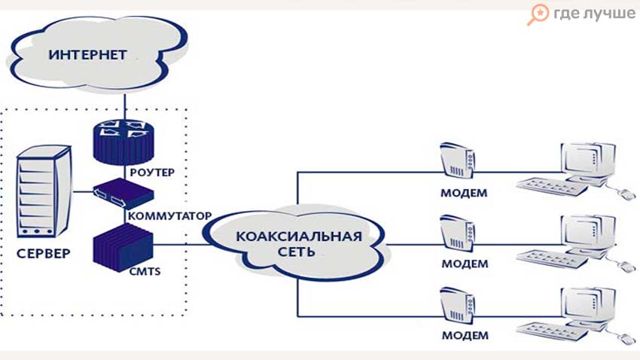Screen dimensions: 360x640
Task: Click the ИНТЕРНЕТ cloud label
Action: pyautogui.click(x=88, y=55)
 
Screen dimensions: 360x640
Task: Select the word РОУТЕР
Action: pyautogui.click(x=152, y=172)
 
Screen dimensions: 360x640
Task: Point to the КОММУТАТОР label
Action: pyautogui.click(x=170, y=215)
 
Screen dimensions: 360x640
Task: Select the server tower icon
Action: pyautogui.click(x=36, y=191)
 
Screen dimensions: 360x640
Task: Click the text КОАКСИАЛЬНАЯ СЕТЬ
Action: pyautogui.click(x=299, y=243)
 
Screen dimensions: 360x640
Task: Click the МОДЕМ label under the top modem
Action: pyautogui.click(x=464, y=193)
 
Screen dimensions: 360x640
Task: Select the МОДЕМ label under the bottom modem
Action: pyautogui.click(x=464, y=334)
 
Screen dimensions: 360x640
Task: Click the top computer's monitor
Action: pyautogui.click(x=583, y=159)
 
